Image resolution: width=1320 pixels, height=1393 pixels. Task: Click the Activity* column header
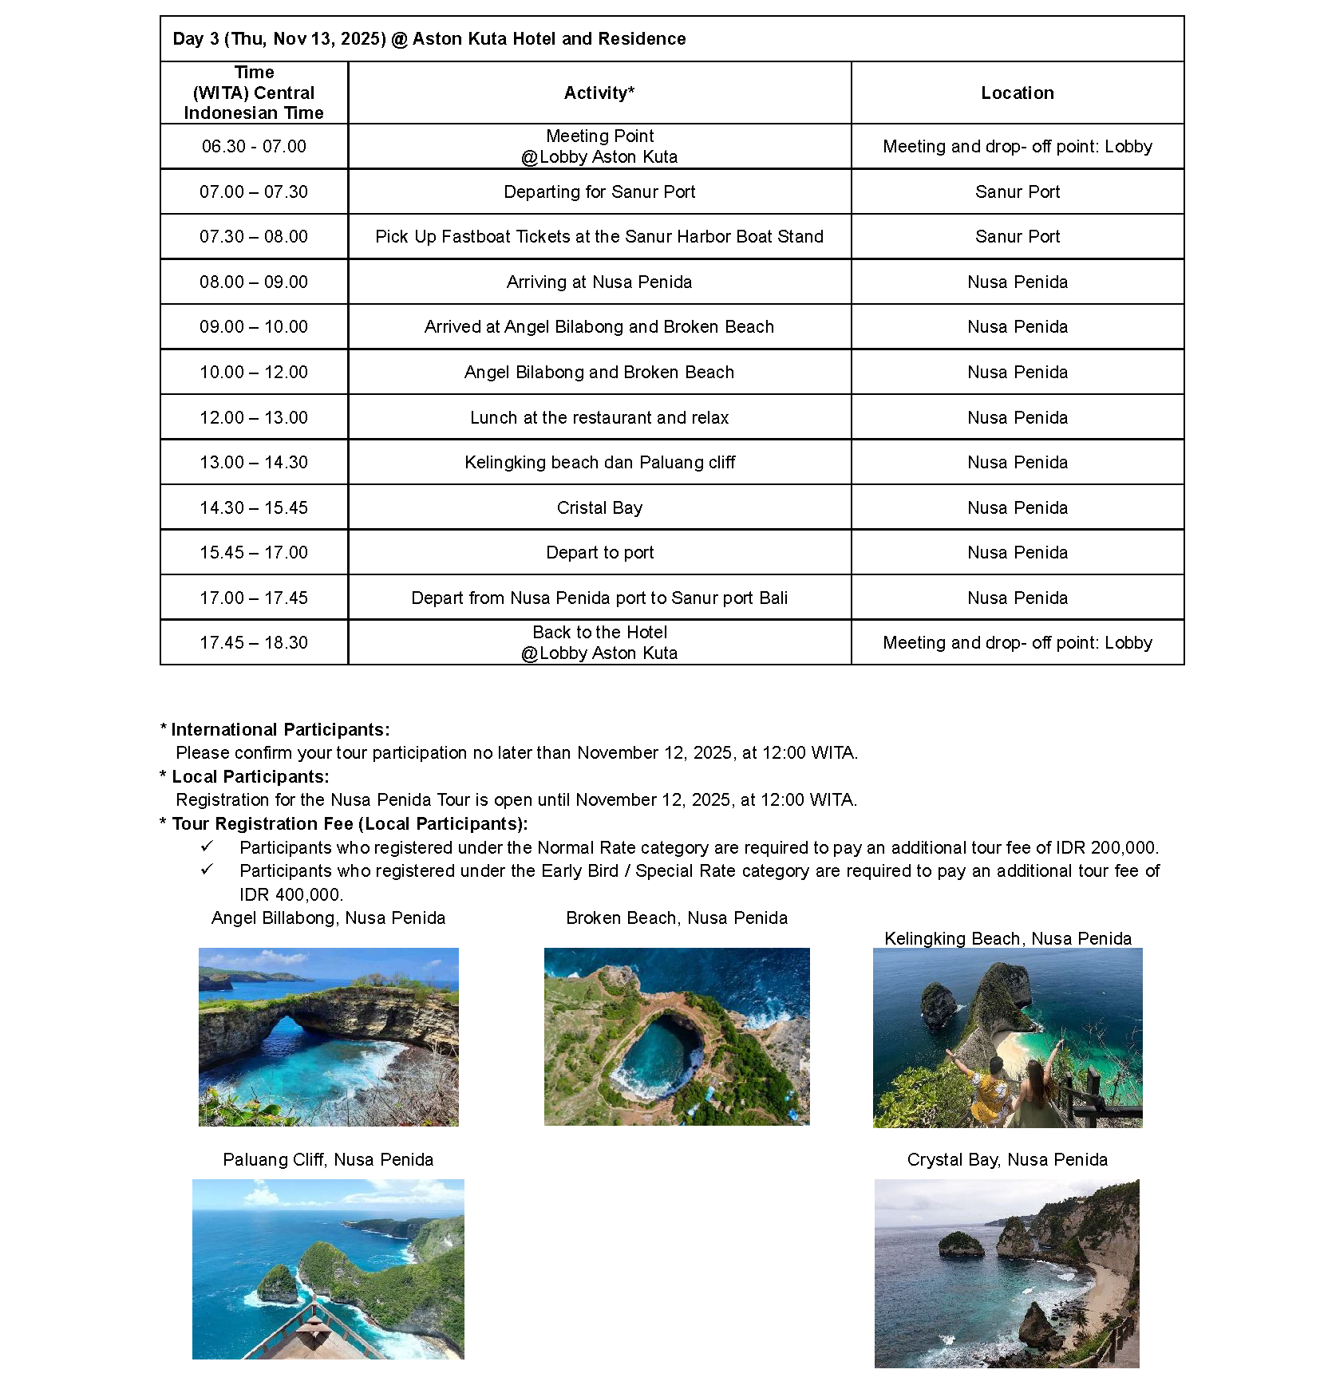coord(599,93)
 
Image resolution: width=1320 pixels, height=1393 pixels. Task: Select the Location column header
coord(1017,93)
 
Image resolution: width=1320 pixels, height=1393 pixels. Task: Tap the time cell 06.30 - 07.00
coord(254,146)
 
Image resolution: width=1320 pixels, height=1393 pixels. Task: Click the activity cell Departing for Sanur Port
coord(599,191)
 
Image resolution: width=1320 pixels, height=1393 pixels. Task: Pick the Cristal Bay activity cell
coord(599,507)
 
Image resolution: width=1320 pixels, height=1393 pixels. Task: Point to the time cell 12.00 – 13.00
coord(254,417)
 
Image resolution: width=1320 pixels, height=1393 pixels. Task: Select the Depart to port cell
coord(599,552)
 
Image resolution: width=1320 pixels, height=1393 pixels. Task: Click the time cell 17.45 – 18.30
coord(254,642)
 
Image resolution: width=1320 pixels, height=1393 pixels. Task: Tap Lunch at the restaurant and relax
coord(599,417)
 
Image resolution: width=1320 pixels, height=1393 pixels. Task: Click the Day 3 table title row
coord(429,38)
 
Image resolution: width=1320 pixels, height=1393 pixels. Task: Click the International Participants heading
coord(279,729)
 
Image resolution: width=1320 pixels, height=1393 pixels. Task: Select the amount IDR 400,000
coord(290,894)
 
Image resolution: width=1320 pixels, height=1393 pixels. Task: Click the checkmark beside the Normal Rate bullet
coord(207,846)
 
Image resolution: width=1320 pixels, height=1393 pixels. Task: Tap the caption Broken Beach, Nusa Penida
coord(676,917)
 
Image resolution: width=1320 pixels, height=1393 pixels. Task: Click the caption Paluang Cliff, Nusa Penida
coord(328,1159)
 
